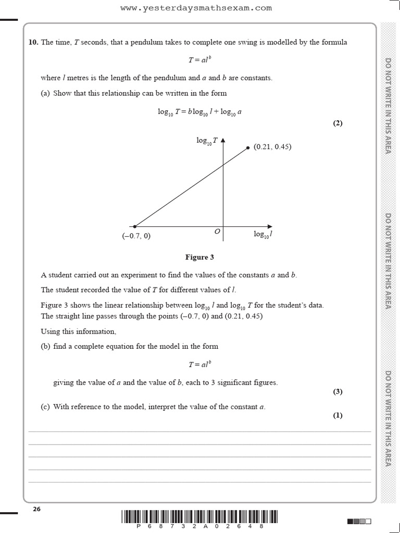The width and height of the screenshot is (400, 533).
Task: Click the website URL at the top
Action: [196, 8]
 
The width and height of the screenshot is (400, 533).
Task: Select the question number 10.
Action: [33, 43]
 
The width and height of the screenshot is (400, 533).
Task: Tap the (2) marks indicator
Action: [338, 123]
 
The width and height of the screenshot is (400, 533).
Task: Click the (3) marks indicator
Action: [338, 392]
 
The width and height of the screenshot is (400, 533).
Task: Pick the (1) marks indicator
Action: [338, 415]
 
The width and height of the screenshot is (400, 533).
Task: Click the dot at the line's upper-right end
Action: [248, 148]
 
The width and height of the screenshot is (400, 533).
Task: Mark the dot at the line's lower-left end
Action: [135, 226]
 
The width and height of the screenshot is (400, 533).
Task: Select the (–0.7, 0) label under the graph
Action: [136, 236]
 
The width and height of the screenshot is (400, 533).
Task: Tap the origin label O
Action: [217, 231]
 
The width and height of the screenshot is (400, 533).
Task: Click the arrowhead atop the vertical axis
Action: [223, 140]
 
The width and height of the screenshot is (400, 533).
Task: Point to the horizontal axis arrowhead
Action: [269, 226]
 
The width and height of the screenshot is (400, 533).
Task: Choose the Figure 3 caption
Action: [199, 257]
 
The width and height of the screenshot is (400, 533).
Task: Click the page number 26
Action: [36, 509]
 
